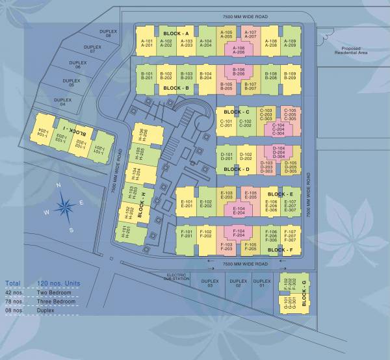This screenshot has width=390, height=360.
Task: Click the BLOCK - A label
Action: tap(175, 33)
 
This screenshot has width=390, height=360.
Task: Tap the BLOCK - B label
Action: tap(175, 88)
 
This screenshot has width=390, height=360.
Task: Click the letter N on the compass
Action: tap(58, 186)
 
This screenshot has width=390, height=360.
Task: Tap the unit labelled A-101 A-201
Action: tap(147, 42)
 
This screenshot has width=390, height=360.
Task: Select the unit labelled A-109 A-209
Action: tap(290, 42)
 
